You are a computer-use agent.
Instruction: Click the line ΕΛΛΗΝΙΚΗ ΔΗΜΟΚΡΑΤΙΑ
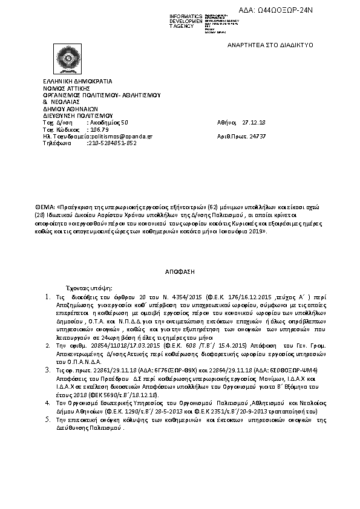77,81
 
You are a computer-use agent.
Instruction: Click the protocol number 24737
258,137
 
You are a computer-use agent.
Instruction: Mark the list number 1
48,297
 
